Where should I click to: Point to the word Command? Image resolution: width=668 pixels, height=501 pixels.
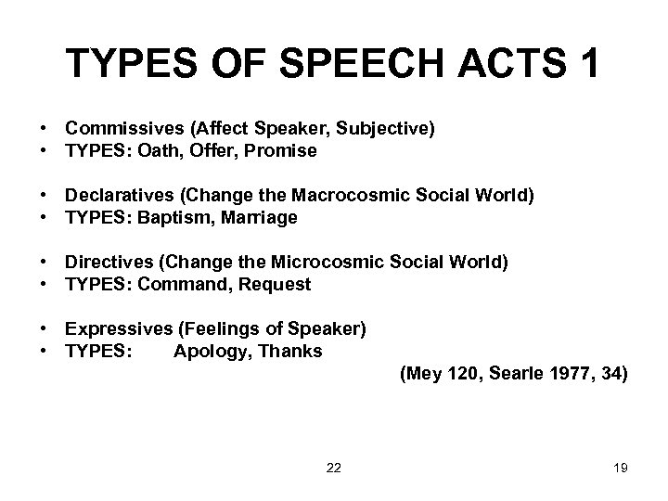pos(179,284)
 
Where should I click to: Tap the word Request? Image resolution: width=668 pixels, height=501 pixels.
pos(276,284)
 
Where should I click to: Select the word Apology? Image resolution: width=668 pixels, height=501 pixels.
pos(205,351)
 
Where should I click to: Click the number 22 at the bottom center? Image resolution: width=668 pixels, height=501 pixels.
pos(334,469)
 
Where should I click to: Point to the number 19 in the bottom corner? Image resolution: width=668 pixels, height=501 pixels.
pos(621,469)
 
